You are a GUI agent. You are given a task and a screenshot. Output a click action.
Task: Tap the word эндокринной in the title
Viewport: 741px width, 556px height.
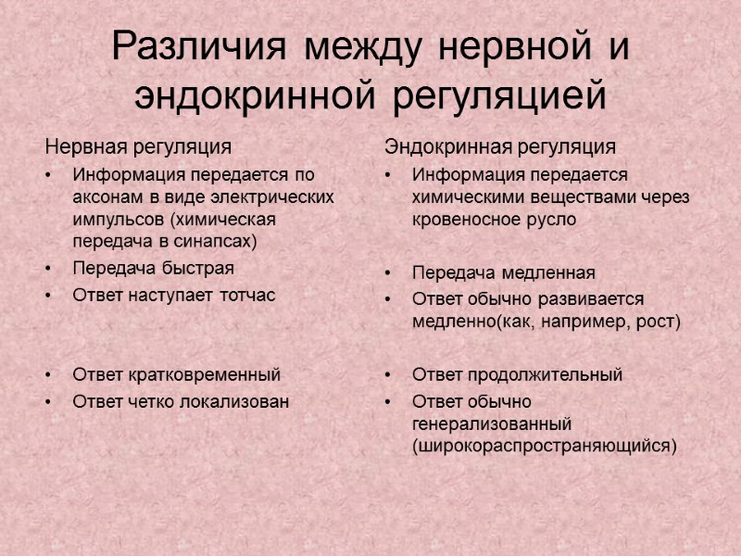coord(255,95)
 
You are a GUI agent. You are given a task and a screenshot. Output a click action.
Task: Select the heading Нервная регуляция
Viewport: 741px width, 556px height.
coord(139,146)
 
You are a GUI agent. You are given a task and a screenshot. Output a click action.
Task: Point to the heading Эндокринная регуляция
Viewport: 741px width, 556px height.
coord(500,146)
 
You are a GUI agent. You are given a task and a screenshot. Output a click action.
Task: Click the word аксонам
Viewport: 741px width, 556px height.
coord(107,197)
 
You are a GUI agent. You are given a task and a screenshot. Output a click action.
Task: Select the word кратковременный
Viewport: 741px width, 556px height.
coord(202,375)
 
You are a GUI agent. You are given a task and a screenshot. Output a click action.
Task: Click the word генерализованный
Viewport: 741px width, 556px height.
coord(492,423)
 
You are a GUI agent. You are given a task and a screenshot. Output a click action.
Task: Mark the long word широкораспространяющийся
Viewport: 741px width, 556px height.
coord(545,446)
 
